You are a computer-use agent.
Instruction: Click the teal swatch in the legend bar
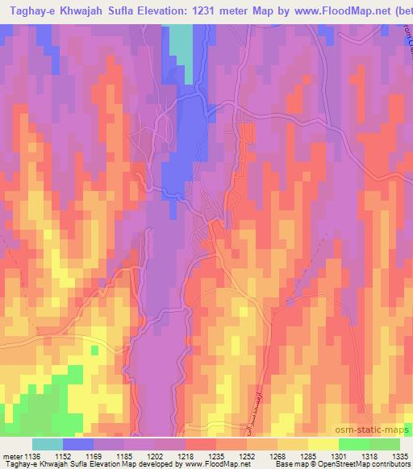pos(48,444)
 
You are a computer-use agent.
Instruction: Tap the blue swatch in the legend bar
pos(78,444)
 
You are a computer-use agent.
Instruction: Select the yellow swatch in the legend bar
pos(323,444)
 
